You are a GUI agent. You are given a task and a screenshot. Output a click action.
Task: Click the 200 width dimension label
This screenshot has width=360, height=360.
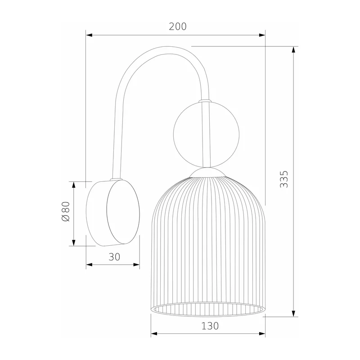pos(178,27)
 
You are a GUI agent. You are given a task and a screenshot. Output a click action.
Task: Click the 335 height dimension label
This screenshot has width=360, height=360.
pos(284,179)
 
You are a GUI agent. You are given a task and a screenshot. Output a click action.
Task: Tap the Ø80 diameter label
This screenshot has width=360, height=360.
pos(66,211)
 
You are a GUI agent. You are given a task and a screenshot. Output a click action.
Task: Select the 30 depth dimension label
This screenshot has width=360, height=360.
pos(114,257)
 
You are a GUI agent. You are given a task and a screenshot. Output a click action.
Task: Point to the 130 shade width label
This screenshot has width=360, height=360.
pos(210,326)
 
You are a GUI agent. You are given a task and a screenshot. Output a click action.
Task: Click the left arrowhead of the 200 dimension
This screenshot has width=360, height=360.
pos(89,35)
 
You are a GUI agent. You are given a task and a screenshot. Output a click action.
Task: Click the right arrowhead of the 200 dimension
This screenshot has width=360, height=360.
pos(262,35)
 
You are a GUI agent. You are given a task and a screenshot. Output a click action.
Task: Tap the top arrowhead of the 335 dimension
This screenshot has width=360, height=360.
pos(293,50)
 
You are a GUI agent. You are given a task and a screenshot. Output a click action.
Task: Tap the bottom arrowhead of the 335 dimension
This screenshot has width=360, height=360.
pos(293,313)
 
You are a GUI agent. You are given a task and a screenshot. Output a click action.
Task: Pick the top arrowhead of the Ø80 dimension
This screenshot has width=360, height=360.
pos(74,185)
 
